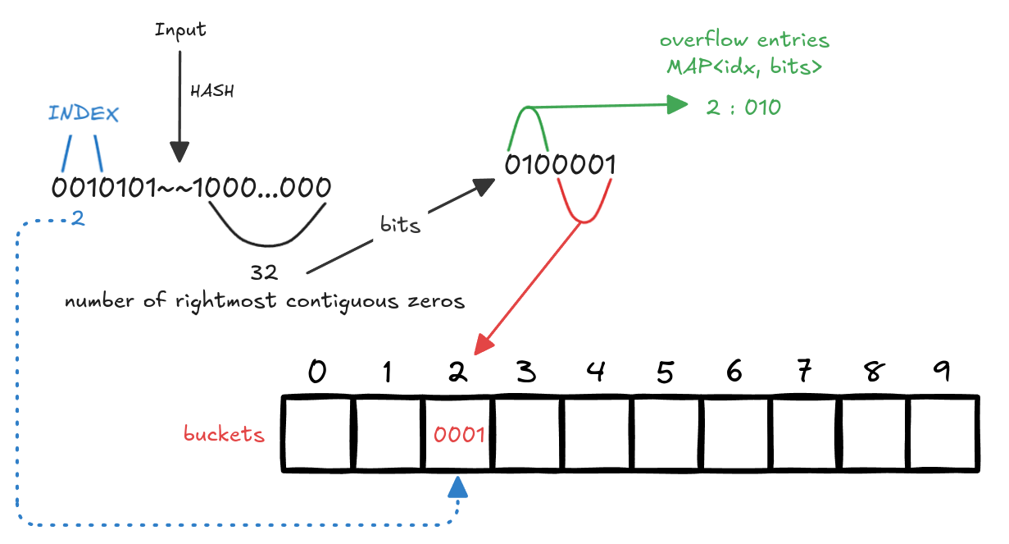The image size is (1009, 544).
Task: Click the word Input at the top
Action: (180, 30)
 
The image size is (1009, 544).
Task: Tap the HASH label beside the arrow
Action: (211, 91)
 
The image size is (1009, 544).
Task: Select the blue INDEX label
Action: (84, 113)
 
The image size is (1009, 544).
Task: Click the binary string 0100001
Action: (560, 166)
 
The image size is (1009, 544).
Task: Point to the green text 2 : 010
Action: (743, 107)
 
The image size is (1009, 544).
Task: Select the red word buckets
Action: (225, 435)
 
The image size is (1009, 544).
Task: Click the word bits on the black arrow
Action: (400, 225)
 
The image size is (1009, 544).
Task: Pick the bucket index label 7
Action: (804, 373)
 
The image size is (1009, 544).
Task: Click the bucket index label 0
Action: (316, 373)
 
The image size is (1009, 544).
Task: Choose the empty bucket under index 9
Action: (945, 434)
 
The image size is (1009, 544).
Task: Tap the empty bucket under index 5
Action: (667, 434)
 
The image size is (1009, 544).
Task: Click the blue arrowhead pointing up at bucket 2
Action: (458, 489)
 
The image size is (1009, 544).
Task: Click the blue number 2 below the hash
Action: (78, 219)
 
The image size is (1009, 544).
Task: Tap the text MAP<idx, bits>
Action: (743, 68)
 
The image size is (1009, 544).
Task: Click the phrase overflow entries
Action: (744, 39)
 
